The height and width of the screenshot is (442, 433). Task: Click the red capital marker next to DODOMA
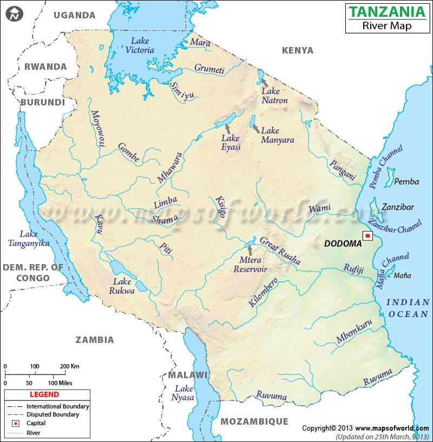[x=368, y=236]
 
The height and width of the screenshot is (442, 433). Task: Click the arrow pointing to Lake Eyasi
[x=228, y=129]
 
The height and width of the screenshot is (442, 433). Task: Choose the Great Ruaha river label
[x=280, y=251]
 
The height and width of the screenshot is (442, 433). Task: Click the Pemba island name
[x=406, y=182]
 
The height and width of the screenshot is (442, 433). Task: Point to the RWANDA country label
[x=45, y=67]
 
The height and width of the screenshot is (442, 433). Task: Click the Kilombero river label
[x=264, y=293]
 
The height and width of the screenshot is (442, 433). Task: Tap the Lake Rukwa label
[x=122, y=286]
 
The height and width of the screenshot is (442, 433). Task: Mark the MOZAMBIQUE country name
[x=254, y=421]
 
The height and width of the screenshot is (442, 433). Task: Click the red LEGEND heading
[x=41, y=395]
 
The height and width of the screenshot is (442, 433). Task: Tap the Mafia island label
[x=402, y=276]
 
